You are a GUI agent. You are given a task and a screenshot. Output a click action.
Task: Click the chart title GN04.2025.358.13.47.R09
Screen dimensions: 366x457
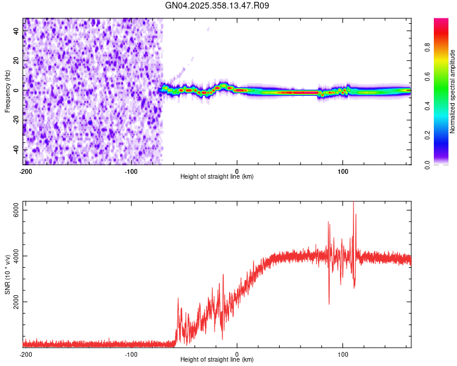click(x=217, y=5)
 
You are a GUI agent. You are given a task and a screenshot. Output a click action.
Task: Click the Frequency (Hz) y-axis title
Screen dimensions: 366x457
click(x=7, y=91)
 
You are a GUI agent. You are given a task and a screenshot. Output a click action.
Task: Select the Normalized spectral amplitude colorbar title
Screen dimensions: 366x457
click(x=453, y=91)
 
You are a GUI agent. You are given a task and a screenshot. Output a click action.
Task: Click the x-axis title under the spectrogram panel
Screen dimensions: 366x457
click(x=217, y=177)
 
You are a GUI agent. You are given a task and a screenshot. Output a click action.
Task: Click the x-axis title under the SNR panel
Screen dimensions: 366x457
click(x=217, y=360)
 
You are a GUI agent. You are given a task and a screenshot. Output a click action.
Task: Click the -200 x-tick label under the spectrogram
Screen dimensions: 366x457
click(x=25, y=171)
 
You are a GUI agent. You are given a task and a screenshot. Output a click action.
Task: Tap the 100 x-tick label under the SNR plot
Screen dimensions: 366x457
click(x=342, y=354)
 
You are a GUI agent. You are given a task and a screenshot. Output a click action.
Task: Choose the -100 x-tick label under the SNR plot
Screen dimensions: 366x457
click(x=130, y=354)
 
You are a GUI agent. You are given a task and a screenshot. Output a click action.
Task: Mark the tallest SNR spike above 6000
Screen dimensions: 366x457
click(x=353, y=204)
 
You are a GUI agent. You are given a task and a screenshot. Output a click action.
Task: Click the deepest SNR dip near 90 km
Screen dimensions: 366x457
click(x=329, y=303)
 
